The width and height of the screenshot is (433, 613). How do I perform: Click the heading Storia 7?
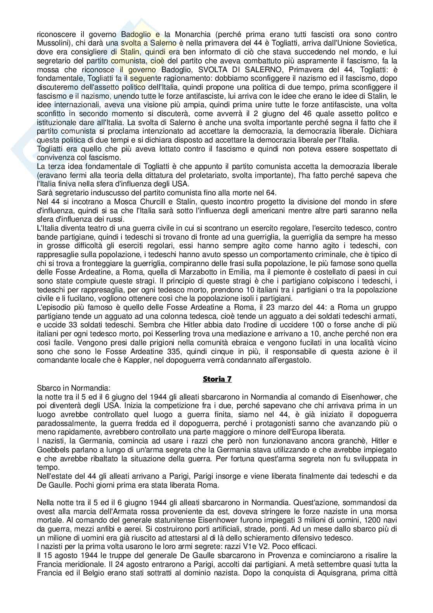coord(217,379)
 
